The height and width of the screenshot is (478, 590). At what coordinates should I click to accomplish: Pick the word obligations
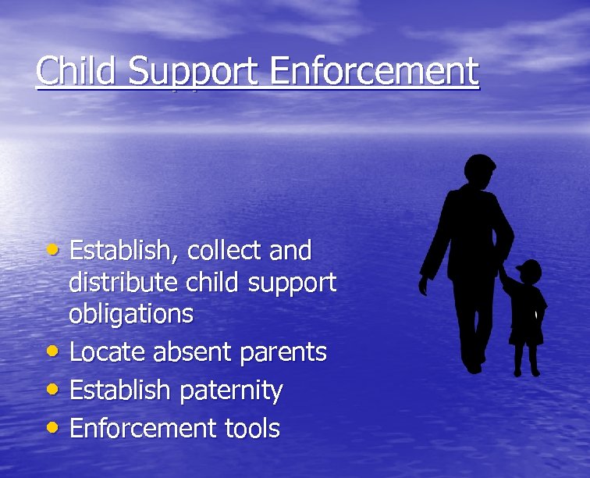[x=131, y=314]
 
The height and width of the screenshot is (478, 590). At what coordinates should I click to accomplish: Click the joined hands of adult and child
[x=503, y=273]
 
